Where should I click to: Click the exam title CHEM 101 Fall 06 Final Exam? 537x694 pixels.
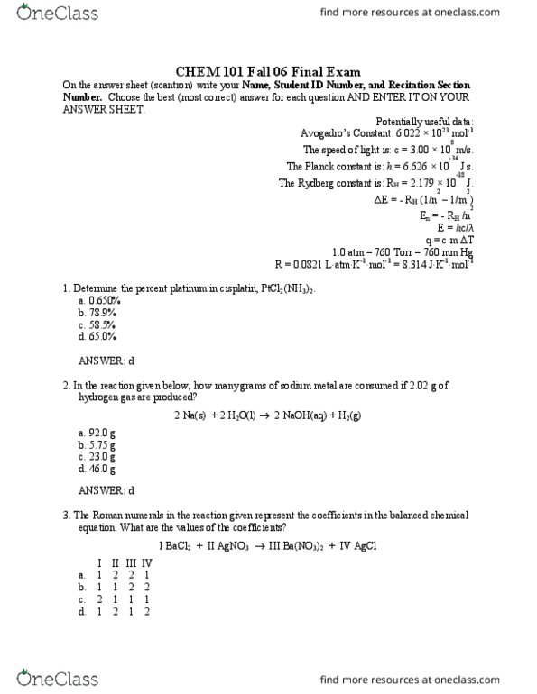pos(268,71)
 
